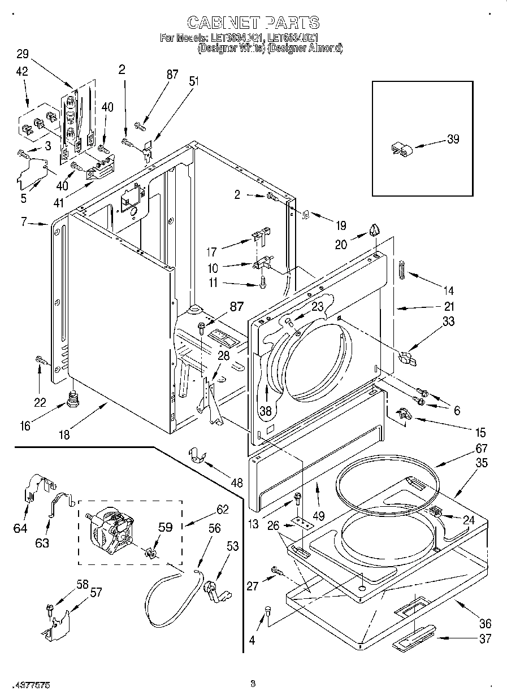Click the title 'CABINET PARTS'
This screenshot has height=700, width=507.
253,23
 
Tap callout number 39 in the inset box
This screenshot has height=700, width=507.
453,140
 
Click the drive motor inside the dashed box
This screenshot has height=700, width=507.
112,531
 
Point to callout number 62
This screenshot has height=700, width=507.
222,510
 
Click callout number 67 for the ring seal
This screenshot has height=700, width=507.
480,449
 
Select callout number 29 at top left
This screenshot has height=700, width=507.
22,54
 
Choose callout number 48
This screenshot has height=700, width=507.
237,483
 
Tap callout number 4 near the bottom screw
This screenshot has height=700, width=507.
252,640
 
